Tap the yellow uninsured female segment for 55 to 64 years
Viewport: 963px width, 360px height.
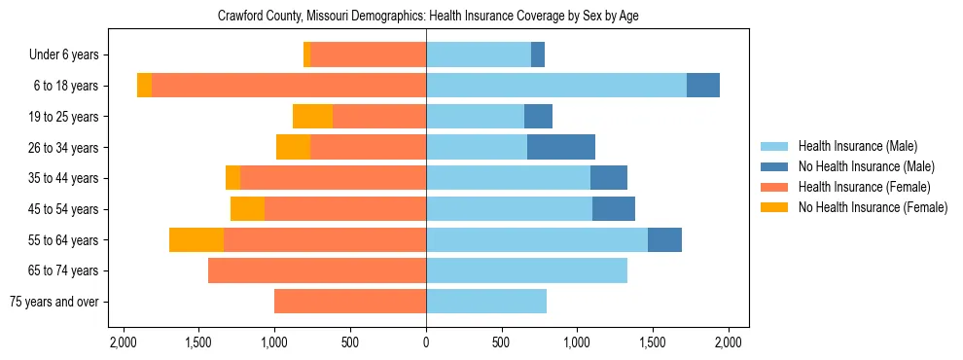[196, 239]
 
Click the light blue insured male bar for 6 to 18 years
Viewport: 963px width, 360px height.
[556, 86]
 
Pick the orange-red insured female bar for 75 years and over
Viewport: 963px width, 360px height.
[350, 302]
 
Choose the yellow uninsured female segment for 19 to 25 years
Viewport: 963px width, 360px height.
[312, 117]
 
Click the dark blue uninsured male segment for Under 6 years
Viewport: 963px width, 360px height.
[538, 54]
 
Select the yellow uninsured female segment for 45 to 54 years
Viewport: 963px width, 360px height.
[247, 209]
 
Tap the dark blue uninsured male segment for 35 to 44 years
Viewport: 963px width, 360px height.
[609, 178]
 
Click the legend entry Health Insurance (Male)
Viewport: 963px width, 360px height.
[857, 146]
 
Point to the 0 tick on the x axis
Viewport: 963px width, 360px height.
[426, 342]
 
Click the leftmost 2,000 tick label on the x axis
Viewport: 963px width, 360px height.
[123, 342]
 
